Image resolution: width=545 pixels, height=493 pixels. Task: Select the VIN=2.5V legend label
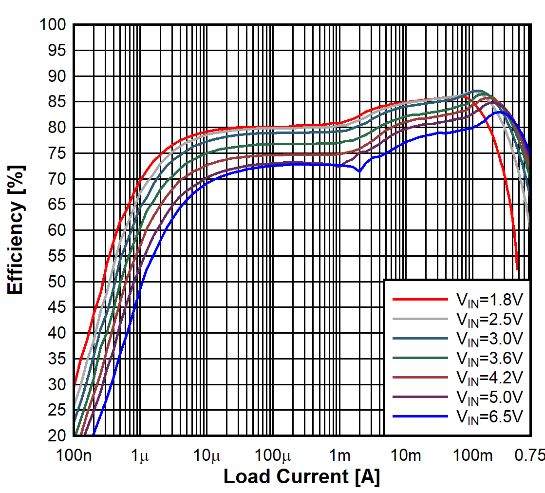tap(489, 319)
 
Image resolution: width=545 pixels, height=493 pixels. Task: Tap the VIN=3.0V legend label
tap(489, 339)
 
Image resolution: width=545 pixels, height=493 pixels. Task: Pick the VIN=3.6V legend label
tap(489, 358)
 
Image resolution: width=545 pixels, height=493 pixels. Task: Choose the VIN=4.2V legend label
tap(489, 378)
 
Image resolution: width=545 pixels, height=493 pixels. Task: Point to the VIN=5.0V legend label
tap(489, 397)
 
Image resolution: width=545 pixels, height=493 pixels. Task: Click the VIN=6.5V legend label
tap(489, 417)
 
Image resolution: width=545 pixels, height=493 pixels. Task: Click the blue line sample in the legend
tap(420, 417)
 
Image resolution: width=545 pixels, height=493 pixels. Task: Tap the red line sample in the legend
tap(420, 300)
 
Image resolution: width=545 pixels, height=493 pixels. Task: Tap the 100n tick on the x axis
tap(74, 456)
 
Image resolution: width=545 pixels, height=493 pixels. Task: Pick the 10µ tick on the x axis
tap(207, 456)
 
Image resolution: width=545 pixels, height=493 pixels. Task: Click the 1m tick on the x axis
tap(339, 456)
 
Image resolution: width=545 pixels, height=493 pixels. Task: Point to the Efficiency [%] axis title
tap(16, 228)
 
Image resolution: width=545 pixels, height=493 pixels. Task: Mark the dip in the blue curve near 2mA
tap(359, 171)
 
